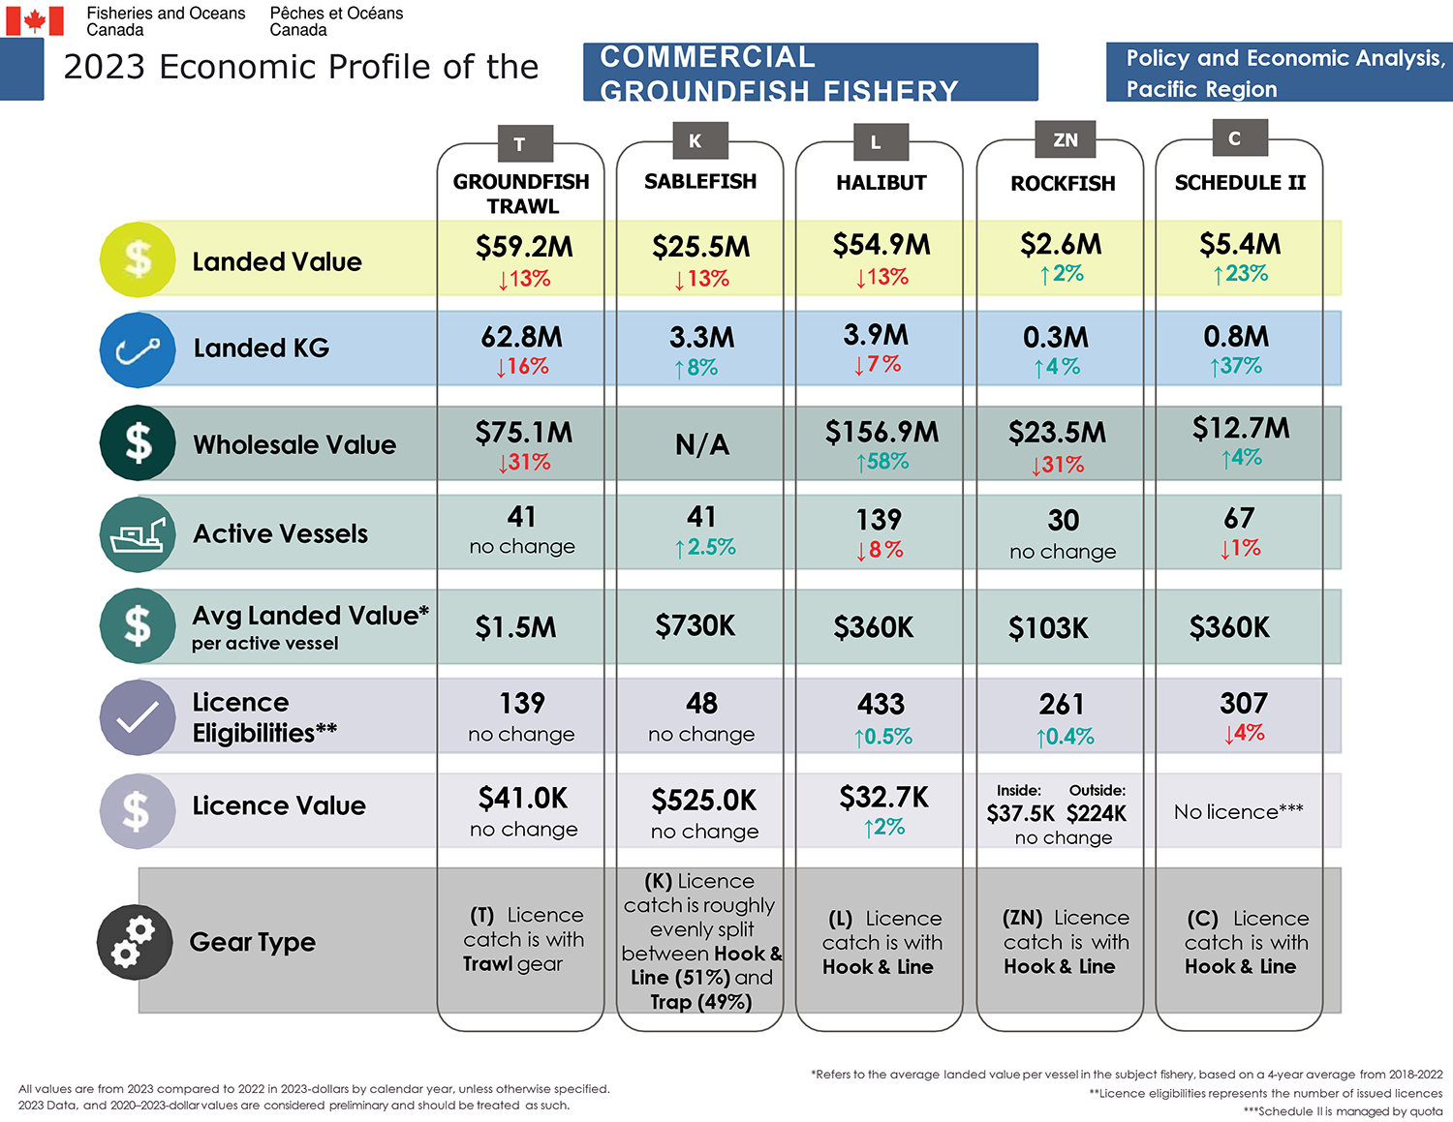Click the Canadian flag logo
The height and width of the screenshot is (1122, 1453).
coord(35,20)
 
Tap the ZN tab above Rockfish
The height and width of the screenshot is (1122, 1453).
coord(1065,140)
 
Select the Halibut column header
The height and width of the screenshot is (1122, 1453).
coord(881,183)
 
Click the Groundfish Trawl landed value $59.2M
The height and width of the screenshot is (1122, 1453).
coord(523,247)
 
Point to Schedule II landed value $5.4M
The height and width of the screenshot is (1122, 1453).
coord(1240,244)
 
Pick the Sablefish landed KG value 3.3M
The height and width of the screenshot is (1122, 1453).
coord(701,338)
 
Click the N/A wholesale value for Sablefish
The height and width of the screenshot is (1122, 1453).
coord(701,444)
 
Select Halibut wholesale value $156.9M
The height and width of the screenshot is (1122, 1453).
coord(881,433)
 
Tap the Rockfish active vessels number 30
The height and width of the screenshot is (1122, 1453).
coord(1063,521)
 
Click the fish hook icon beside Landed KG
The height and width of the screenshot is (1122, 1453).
coord(138,349)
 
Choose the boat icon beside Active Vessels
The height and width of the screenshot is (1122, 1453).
coord(138,534)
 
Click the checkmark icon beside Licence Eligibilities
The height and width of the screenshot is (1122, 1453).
coord(138,717)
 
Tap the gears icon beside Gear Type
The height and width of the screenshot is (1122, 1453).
coord(134,941)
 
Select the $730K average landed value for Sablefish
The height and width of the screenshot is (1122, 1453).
coord(695,626)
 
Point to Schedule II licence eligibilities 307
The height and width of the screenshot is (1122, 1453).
coord(1243,703)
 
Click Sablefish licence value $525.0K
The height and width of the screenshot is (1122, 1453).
coord(703,801)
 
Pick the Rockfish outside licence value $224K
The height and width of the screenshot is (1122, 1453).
coord(1096,813)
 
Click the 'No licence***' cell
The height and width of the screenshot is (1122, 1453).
coord(1238,811)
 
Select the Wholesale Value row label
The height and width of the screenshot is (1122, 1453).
coord(294,444)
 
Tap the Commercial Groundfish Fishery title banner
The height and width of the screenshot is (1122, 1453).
coord(810,73)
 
